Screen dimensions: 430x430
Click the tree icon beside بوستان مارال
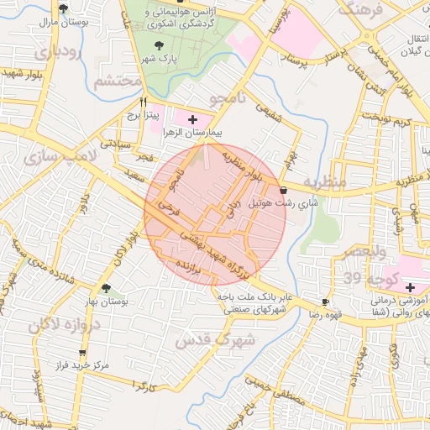click(x=64, y=8)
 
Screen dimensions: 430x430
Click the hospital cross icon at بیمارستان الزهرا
click(x=194, y=120)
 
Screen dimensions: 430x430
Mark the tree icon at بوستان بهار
click(x=105, y=288)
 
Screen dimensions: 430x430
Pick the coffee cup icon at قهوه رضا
click(x=325, y=302)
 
